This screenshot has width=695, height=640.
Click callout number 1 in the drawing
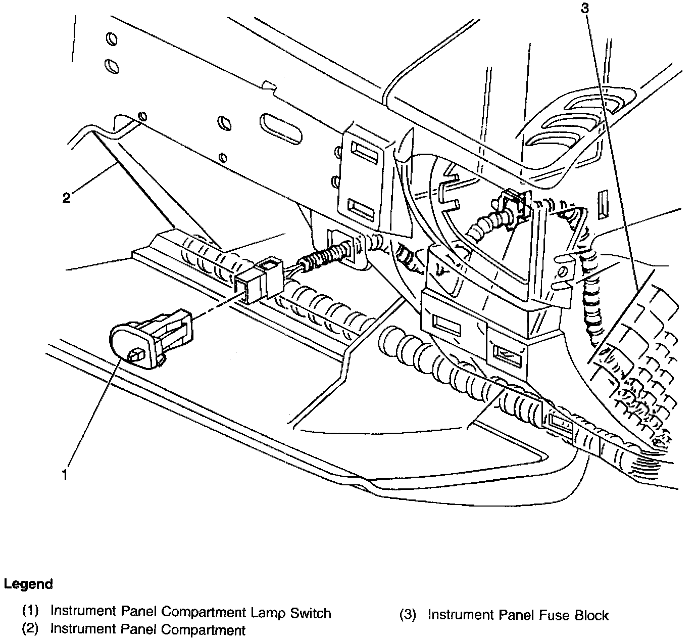click(x=64, y=475)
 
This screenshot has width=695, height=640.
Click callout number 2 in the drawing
click(x=67, y=198)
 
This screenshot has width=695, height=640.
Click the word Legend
click(x=28, y=584)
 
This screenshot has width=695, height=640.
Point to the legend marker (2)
click(x=30, y=629)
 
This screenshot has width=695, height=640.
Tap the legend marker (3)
click(x=408, y=615)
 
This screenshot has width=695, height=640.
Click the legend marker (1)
click(x=30, y=611)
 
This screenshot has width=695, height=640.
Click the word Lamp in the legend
click(x=268, y=613)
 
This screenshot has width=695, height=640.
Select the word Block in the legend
click(x=591, y=615)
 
